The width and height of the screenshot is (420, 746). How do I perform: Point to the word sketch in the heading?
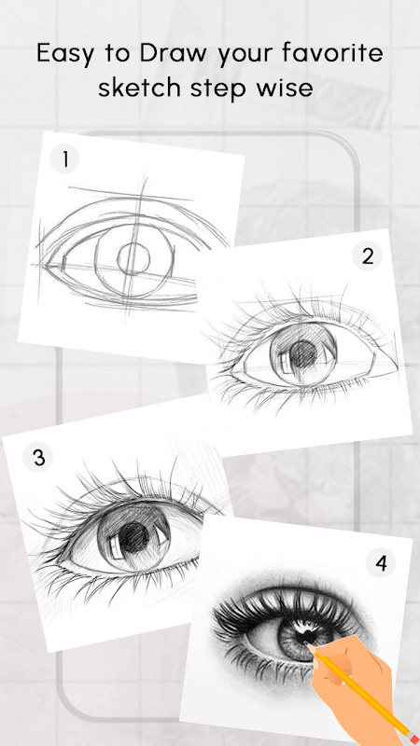(x=139, y=88)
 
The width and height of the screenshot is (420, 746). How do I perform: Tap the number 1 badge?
(x=64, y=159)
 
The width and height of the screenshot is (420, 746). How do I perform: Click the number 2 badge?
(x=367, y=256)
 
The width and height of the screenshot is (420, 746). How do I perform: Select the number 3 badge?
(x=38, y=457)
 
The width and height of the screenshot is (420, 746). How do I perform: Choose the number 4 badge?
(x=381, y=563)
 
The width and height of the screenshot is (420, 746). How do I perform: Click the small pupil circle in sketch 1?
(x=133, y=259)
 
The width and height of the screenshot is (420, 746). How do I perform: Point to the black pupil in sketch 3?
(x=134, y=537)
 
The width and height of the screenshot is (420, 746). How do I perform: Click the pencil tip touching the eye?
(x=307, y=644)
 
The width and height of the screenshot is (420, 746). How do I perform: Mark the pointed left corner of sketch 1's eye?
(x=43, y=265)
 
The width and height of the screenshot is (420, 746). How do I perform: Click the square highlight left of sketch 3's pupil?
(x=115, y=548)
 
